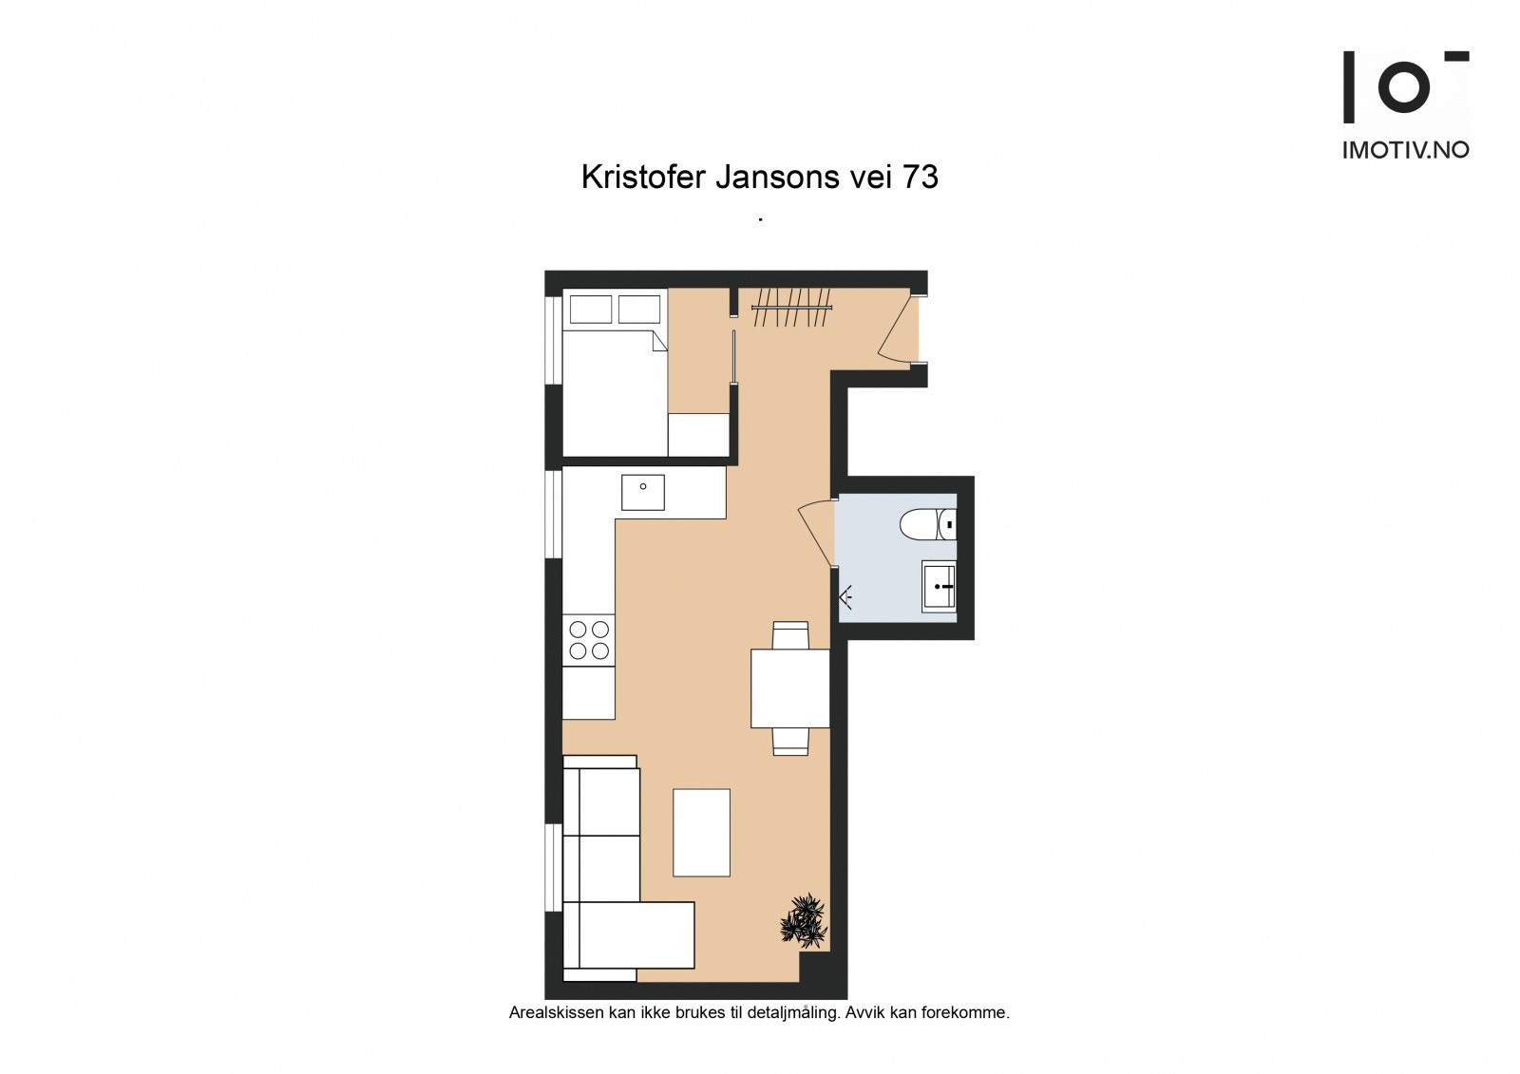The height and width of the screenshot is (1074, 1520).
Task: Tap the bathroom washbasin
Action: tap(939, 586)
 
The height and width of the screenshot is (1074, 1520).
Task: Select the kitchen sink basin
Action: tap(643, 492)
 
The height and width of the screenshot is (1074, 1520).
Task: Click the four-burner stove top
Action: tap(589, 639)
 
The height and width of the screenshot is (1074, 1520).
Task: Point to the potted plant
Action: tap(804, 920)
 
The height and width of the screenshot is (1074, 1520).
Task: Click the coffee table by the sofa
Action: tap(701, 832)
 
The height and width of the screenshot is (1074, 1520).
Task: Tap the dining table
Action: tap(789, 688)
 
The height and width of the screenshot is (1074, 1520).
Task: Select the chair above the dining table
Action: tap(790, 634)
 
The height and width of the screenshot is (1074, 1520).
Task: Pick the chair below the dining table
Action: tap(790, 741)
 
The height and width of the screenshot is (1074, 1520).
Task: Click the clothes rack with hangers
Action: tap(791, 308)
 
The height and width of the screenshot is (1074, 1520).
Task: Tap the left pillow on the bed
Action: tap(590, 310)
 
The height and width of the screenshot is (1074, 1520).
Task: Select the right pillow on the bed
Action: tap(639, 310)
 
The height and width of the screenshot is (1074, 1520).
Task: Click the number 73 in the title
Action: tap(920, 178)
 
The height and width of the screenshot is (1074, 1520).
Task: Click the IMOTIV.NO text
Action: tap(1405, 150)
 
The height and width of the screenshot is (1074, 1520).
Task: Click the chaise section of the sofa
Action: tap(635, 934)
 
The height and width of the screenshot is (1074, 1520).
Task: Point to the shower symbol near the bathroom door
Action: tap(845, 596)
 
